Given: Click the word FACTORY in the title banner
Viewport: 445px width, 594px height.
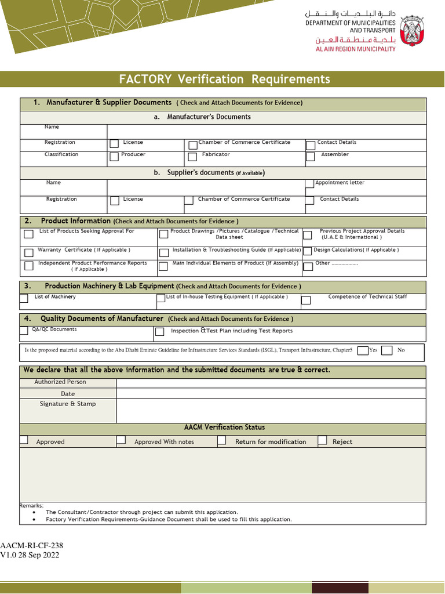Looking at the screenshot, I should point(145,79).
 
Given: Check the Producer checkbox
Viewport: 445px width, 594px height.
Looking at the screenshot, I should point(114,156).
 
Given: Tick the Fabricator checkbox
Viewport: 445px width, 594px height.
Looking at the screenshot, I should point(192,157).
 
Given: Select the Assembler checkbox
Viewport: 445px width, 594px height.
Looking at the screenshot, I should point(311,156).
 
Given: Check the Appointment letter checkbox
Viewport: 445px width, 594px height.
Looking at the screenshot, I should point(309,184).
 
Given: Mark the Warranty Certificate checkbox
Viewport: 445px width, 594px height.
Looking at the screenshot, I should point(28,253).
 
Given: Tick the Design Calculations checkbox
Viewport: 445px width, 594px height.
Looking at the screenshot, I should point(308,251).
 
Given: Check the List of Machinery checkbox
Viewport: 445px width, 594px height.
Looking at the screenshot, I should point(24,299).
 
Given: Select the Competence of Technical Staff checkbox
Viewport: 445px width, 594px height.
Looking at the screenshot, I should point(306,300).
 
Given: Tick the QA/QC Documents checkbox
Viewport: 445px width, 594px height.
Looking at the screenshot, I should point(24,331).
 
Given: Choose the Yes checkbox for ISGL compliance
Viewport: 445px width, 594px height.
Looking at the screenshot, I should point(363,350).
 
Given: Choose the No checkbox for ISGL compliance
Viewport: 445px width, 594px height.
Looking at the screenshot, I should point(387,350).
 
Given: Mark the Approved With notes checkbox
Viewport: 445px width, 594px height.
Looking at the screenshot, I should point(121,440).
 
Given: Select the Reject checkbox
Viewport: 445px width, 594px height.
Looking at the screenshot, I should point(322,440).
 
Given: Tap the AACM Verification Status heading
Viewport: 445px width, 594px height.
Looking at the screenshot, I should point(224,428).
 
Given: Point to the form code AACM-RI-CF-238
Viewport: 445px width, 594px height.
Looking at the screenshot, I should point(32,546).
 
